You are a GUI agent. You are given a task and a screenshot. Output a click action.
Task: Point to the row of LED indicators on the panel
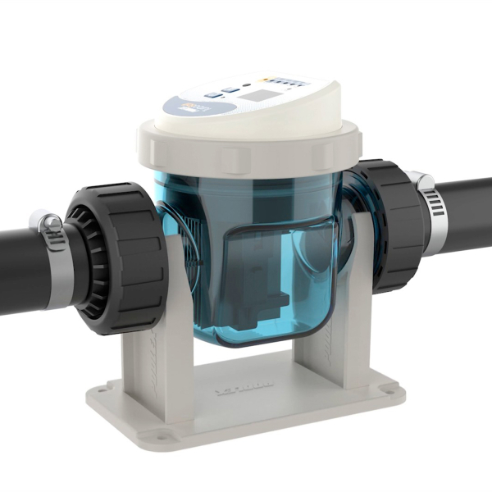click(x=287, y=81)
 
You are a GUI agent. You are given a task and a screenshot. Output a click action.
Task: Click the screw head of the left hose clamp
click(x=48, y=221)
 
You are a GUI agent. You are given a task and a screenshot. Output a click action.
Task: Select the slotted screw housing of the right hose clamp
click(x=421, y=180)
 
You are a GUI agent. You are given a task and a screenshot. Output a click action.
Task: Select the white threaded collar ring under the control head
click(x=246, y=152)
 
